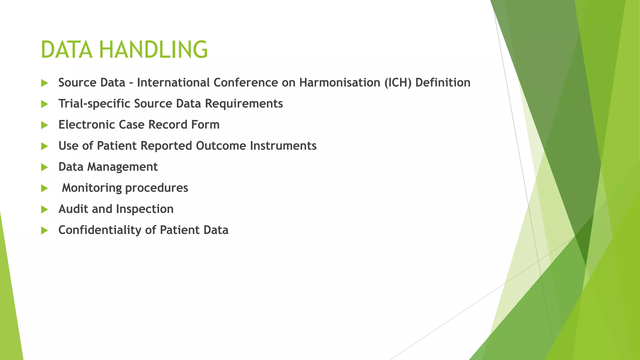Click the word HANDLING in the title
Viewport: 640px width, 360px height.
pos(153,50)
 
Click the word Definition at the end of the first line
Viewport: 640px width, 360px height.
pos(443,82)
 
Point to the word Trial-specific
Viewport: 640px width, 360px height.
pos(94,104)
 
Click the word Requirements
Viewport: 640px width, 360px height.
pos(244,104)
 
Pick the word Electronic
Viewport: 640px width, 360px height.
pos(87,125)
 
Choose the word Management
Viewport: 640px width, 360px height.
pos(122,167)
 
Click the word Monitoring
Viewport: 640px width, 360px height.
pos(92,188)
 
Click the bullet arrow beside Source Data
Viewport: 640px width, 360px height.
pos(44,83)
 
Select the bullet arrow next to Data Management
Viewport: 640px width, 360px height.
pos(44,167)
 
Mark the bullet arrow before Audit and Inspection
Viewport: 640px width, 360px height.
pos(44,210)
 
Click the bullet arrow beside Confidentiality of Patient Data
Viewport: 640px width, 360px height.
pos(44,231)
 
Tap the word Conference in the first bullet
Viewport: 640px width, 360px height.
pos(246,82)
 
